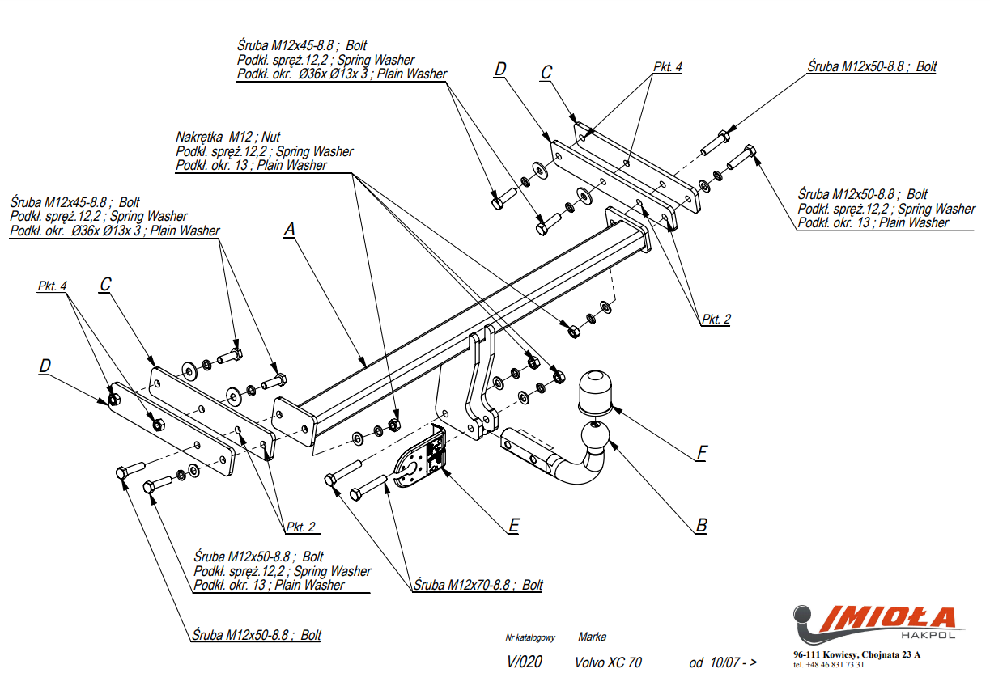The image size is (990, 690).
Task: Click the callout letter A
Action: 289,231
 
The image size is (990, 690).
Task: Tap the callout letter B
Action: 701,526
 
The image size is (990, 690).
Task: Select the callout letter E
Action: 513,526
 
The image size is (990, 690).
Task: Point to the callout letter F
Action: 702,452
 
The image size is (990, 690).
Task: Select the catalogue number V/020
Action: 525,662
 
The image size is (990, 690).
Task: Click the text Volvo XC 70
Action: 608,662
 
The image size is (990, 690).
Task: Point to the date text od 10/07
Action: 722,662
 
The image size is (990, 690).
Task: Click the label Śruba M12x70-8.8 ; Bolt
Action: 478,585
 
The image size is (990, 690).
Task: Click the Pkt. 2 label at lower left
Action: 301,527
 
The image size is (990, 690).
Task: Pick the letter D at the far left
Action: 45,366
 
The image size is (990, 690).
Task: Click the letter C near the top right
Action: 546,73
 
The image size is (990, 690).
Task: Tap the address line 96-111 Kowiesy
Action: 856,654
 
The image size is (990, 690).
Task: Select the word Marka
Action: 592,637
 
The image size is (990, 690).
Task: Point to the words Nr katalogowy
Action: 530,638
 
